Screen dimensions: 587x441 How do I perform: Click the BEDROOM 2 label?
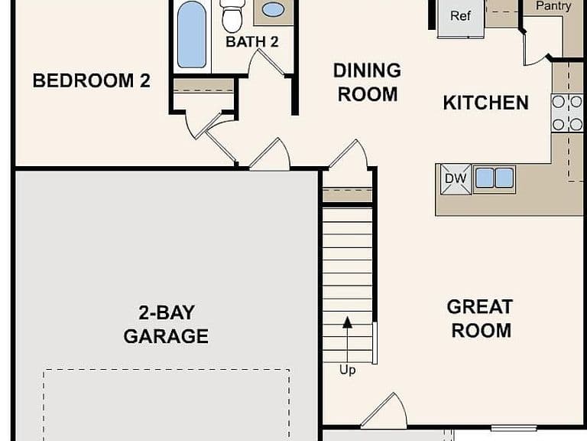tap(92, 80)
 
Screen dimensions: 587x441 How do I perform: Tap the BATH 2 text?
tap(252, 41)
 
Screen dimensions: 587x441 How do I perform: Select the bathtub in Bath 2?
tap(191, 34)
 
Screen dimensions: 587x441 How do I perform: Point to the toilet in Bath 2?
tap(232, 16)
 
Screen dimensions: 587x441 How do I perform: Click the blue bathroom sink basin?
tap(273, 9)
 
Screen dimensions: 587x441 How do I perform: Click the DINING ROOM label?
tap(367, 83)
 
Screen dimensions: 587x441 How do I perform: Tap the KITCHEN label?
tap(485, 103)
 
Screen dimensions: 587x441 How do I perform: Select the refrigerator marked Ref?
tap(460, 18)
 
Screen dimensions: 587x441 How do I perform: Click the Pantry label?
tap(553, 5)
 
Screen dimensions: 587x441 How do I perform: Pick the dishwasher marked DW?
tap(456, 179)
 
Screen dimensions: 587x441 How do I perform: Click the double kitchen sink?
tap(495, 178)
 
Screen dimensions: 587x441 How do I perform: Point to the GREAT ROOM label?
tap(480, 318)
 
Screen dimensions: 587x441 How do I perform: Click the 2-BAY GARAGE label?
tap(166, 325)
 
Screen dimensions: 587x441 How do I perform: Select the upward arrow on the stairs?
tap(348, 340)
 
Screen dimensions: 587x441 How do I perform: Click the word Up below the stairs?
tap(348, 370)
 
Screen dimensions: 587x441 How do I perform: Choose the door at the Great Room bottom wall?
tap(384, 411)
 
